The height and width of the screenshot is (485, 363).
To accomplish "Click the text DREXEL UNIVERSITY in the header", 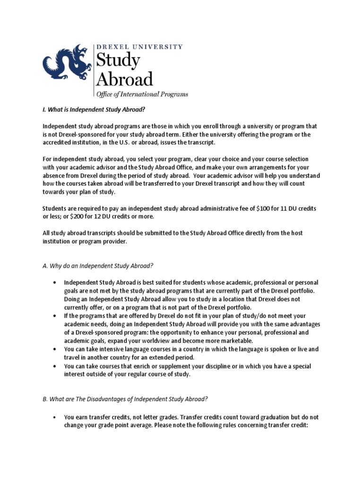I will [x=139, y=47].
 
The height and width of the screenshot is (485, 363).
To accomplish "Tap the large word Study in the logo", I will [x=118, y=61].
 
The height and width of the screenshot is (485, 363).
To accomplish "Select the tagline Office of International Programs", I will [x=142, y=94].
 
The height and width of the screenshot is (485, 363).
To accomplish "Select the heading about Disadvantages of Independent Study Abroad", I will [x=125, y=399].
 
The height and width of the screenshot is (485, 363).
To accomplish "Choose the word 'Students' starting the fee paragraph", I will [x=56, y=209].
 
